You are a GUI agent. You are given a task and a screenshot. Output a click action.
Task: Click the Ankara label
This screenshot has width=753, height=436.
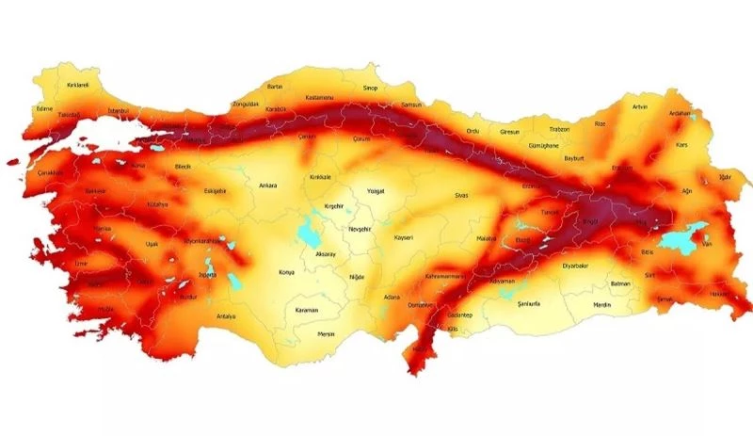[268, 186]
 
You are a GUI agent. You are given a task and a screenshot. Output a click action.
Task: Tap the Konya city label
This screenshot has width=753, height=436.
[287, 273]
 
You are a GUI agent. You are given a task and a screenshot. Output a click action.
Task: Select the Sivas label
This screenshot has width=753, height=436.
[460, 196]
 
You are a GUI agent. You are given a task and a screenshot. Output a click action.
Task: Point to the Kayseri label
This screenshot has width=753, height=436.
[404, 237]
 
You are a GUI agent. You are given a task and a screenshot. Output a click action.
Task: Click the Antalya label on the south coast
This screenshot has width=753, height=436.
[226, 316]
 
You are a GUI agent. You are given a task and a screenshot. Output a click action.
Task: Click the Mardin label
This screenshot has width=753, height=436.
[602, 305]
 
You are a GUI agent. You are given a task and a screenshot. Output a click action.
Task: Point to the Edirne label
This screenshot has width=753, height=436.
[43, 108]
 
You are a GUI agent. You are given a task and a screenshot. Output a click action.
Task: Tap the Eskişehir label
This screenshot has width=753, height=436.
[215, 191]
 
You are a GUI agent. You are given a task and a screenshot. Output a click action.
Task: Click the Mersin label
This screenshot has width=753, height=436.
[327, 333]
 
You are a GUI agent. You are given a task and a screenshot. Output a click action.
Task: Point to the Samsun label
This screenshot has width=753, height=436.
[412, 105]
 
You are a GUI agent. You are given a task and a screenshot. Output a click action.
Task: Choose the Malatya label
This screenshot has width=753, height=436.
[486, 239]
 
